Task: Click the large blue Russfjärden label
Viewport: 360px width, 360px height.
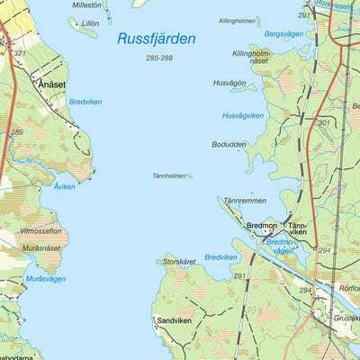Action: coord(156,39)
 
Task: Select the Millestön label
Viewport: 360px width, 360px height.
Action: coord(86,4)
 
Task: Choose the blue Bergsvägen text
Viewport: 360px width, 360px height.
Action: coord(259,33)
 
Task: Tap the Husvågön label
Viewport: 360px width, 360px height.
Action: coord(229,83)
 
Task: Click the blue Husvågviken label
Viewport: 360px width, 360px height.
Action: coord(243,115)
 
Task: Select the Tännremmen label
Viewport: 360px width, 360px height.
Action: coord(245,201)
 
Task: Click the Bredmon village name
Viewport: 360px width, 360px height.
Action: coord(262,227)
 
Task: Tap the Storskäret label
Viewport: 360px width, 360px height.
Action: coord(180,262)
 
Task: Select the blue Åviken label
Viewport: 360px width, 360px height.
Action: coord(64,186)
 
